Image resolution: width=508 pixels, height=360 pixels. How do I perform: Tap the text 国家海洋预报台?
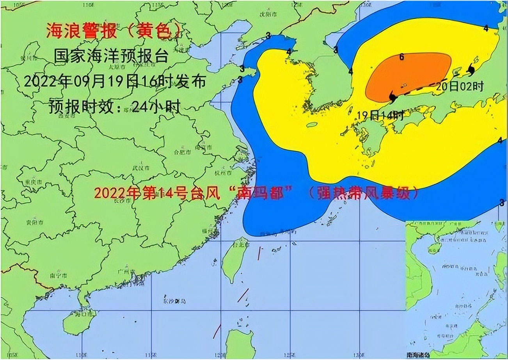[x=111, y=56]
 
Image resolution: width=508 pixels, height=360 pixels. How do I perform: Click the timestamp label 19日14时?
[x=380, y=115]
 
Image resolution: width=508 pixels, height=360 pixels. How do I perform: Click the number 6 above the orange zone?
[x=401, y=57]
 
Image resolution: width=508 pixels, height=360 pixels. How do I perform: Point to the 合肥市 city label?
[x=182, y=152]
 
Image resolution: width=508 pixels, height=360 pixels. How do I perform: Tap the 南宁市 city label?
[x=58, y=275]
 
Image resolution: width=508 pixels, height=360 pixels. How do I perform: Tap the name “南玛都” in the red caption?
[x=260, y=192]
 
